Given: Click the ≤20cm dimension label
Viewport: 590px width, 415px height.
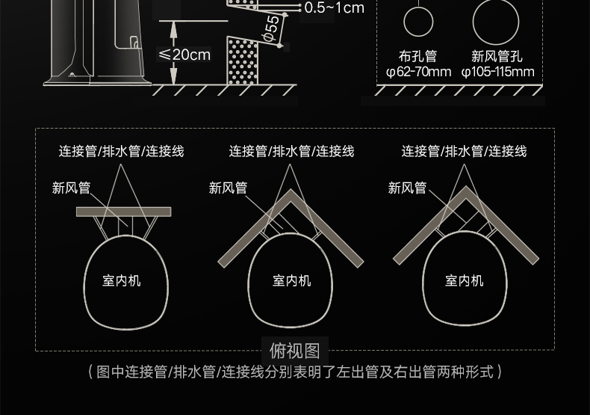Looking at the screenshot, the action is (184, 55).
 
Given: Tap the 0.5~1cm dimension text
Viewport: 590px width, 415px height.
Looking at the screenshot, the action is (335, 8).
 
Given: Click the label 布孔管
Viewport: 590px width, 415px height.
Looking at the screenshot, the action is (417, 57).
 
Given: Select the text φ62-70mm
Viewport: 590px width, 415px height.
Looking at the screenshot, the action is (418, 72).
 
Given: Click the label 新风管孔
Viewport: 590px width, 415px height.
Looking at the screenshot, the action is (497, 57).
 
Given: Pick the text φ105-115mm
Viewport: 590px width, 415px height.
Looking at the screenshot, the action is (497, 72).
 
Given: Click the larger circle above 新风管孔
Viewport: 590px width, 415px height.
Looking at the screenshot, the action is (496, 22).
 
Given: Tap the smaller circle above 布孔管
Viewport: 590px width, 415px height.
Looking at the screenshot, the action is (418, 22).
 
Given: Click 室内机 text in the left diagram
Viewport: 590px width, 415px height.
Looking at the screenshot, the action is (122, 280).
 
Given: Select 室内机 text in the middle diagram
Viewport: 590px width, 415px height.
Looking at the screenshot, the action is (291, 280).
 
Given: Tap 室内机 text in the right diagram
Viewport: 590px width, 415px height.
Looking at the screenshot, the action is (465, 280).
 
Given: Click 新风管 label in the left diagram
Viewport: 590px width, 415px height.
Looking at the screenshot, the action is (71, 188).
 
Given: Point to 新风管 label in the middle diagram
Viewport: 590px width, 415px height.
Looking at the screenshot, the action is (228, 188).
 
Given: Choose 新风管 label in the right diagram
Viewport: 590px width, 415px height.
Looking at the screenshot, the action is (407, 188).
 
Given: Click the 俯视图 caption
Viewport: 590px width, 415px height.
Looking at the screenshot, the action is (294, 350).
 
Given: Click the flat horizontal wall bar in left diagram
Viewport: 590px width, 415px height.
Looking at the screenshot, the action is (123, 212).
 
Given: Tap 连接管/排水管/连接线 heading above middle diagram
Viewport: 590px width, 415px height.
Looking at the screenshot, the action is (291, 151).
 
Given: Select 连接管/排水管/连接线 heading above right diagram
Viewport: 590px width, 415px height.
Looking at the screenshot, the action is (464, 151).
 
